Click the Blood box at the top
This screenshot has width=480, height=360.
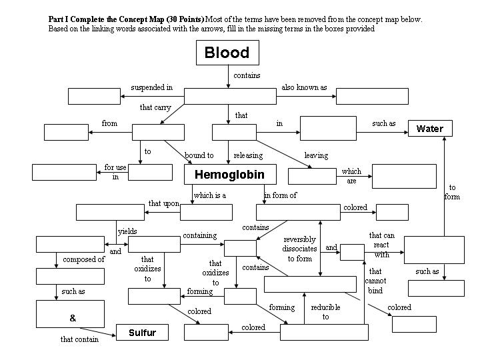coord(227,53)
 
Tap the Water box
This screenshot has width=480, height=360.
coord(429,129)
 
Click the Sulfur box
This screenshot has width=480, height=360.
coord(141,333)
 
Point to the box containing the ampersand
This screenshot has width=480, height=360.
coord(70,314)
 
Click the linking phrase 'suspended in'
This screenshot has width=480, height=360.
coord(151,87)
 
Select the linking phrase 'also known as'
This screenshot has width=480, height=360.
coord(304,87)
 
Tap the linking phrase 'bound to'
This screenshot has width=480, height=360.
coord(199,155)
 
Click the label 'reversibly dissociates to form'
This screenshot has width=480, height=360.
coord(299,249)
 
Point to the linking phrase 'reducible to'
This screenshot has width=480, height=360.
coord(325,312)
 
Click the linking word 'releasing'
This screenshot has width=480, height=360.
coord(248,155)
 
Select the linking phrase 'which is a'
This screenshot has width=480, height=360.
coord(210,195)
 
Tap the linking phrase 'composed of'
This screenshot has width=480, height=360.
coord(84,259)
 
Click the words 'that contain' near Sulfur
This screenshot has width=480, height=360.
coord(79,339)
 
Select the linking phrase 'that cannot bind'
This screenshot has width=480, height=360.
coord(375,281)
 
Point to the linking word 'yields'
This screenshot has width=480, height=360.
coord(127,231)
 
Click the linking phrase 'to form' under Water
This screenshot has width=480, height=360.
coord(452,192)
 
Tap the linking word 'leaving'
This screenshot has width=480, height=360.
coord(316,155)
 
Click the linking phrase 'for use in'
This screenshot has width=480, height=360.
coord(115,172)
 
